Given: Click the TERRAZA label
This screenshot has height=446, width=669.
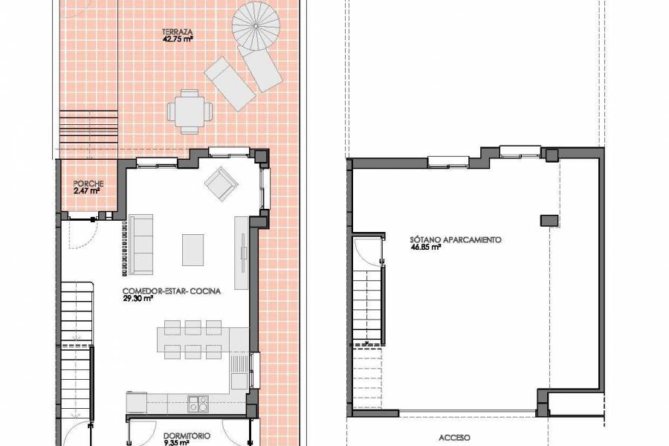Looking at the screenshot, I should click(178, 33).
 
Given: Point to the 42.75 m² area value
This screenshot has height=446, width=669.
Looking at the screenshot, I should click(178, 40).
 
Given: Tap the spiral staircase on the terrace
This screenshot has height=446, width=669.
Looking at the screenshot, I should click(256, 28).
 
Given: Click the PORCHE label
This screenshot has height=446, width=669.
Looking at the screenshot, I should click(88, 184).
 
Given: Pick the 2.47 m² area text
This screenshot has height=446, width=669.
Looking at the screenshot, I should click(86, 191).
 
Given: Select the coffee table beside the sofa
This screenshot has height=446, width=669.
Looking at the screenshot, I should click(193, 249).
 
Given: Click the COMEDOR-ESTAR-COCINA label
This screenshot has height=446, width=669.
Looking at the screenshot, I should click(172, 291).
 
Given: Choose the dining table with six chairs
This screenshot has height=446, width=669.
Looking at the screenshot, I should click(193, 340).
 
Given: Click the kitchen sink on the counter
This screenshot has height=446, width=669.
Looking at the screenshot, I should click(198, 404).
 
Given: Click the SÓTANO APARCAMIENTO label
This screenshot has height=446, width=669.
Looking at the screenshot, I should click(456, 240).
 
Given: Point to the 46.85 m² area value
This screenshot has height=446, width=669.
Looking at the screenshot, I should click(426, 248).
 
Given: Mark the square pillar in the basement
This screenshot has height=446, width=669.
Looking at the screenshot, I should click(549, 219).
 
